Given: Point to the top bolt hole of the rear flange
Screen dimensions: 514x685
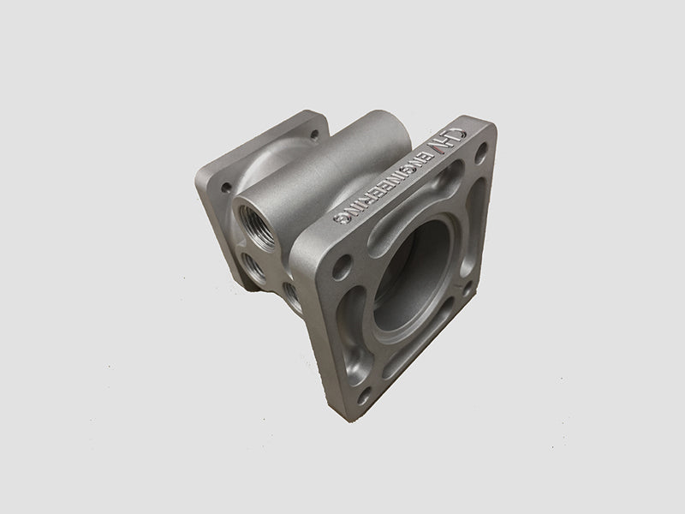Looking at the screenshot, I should pos(313,134).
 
